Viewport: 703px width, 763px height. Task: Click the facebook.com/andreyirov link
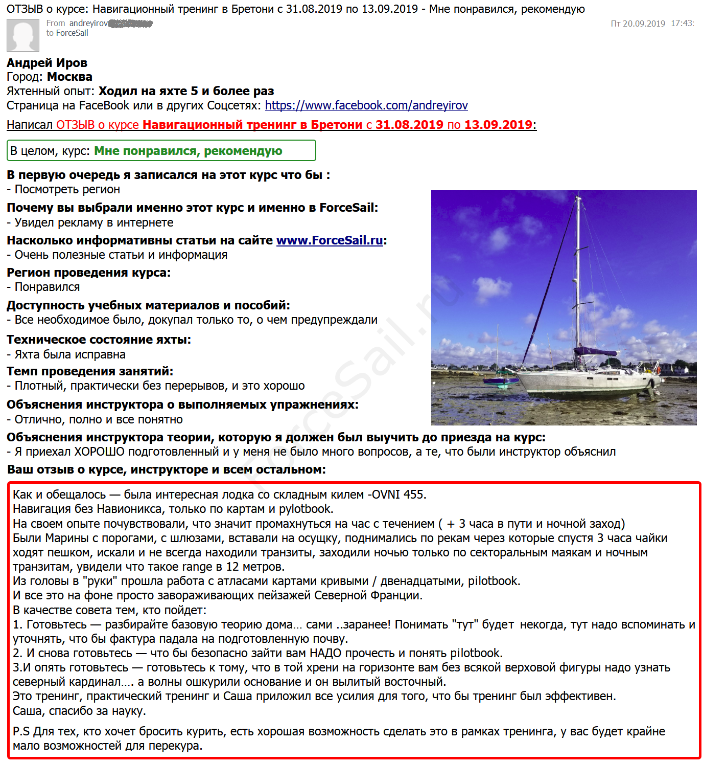coord(366,105)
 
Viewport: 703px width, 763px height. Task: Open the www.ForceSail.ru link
coord(330,240)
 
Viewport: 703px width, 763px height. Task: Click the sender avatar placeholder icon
coord(23,35)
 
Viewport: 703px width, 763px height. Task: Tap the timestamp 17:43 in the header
coord(682,24)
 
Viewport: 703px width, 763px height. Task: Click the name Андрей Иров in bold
coord(47,63)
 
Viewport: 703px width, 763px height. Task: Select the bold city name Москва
coord(69,77)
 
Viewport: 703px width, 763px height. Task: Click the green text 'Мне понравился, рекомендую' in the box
coord(188,151)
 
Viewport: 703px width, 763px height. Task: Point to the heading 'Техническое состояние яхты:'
coord(99,340)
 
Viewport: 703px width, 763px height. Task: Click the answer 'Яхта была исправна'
coord(70,354)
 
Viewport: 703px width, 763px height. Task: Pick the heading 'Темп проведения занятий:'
coord(90,371)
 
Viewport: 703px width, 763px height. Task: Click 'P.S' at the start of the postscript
coord(21,731)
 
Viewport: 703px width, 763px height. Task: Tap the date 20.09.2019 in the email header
coord(644,24)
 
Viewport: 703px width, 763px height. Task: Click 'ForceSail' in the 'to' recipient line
coord(72,33)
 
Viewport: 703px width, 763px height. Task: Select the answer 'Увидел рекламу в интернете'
coord(94,222)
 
